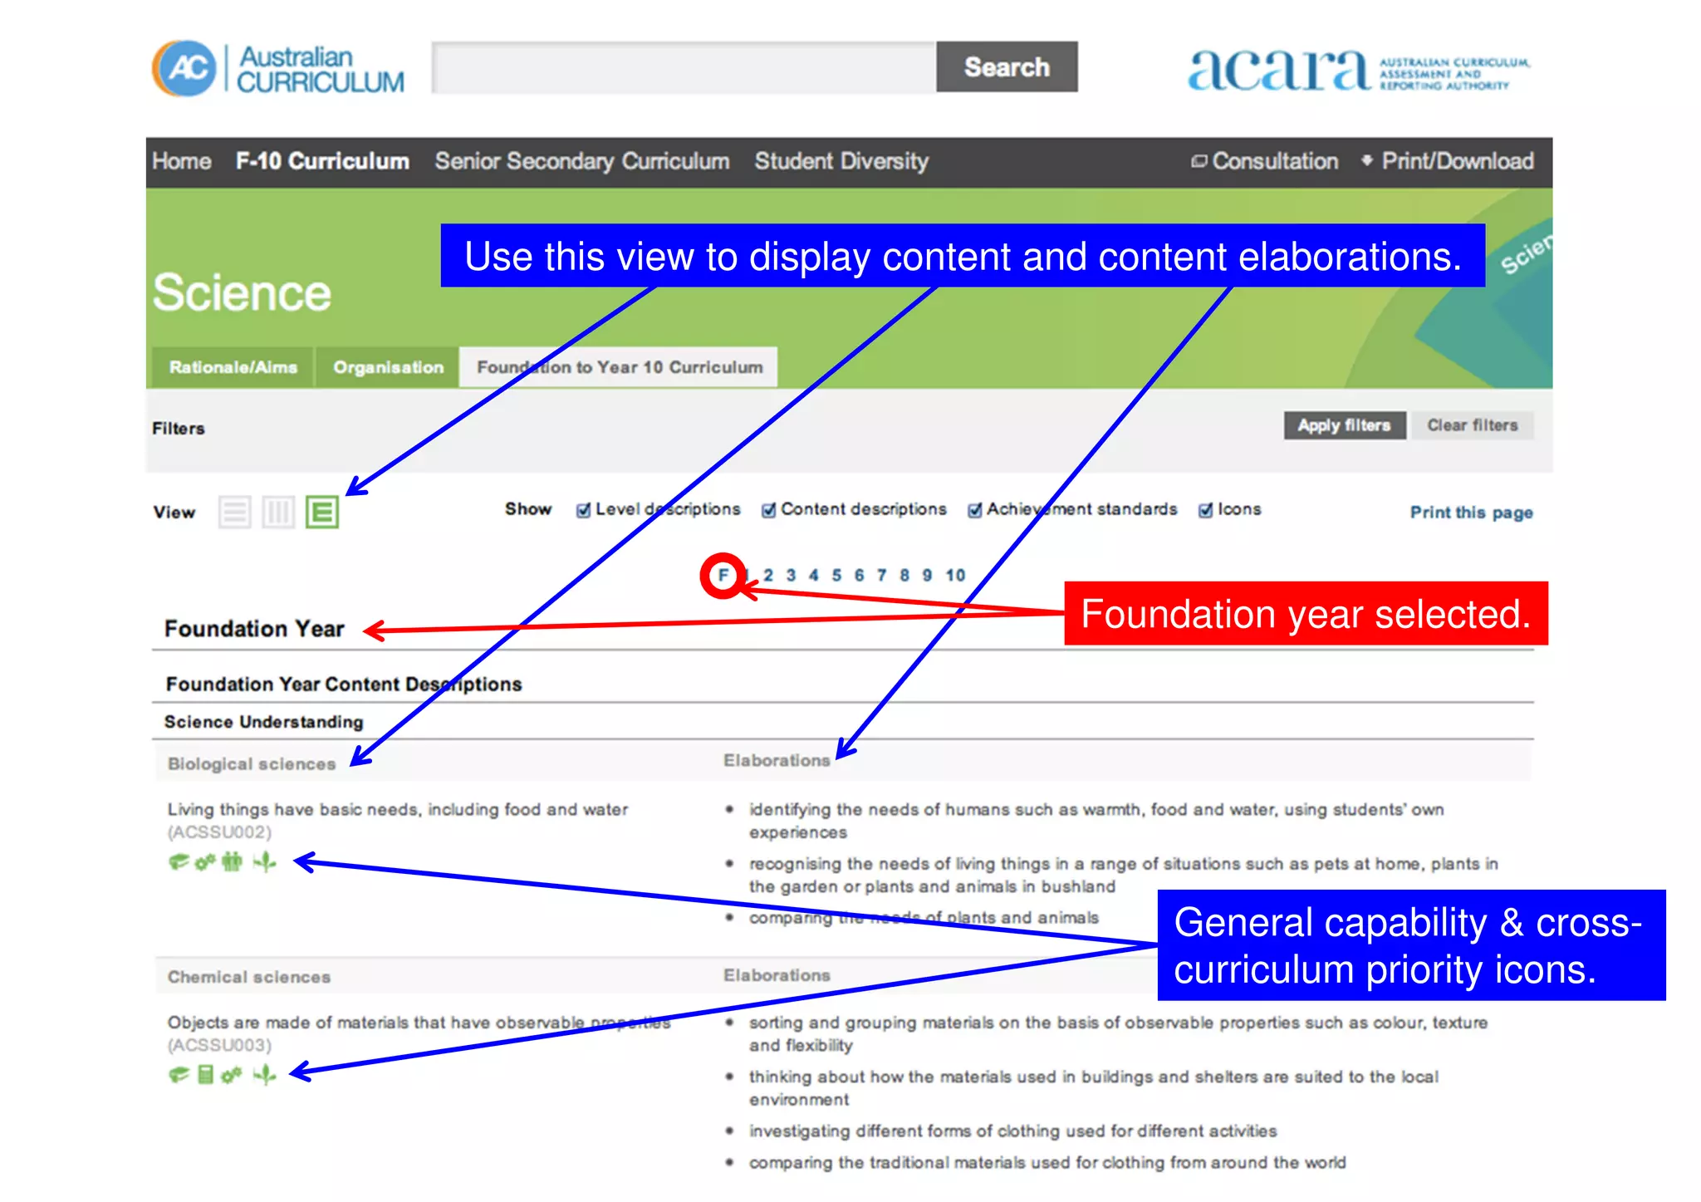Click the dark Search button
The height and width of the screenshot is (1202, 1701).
(x=1006, y=67)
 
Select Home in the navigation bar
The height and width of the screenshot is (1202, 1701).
(x=181, y=161)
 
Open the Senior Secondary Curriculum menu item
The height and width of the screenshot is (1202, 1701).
(x=581, y=161)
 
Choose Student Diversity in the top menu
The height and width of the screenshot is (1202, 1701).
(x=841, y=161)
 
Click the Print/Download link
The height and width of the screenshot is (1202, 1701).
(x=1456, y=161)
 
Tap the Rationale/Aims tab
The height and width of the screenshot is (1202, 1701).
(x=233, y=367)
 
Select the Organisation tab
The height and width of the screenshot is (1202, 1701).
(x=388, y=367)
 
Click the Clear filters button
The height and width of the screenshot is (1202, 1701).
(x=1472, y=425)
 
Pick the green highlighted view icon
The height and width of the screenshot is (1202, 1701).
(x=321, y=513)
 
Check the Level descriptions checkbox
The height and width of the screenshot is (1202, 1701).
(x=584, y=510)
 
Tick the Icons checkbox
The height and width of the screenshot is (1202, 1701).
(x=1205, y=510)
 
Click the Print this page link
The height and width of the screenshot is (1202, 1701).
(x=1471, y=513)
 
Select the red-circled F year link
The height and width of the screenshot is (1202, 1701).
(x=723, y=575)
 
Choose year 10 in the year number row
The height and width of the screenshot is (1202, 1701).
(x=955, y=575)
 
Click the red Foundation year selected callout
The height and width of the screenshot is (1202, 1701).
(x=1305, y=614)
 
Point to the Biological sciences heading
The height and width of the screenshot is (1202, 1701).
(x=252, y=764)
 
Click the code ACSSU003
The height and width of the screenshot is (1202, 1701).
(x=219, y=1045)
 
